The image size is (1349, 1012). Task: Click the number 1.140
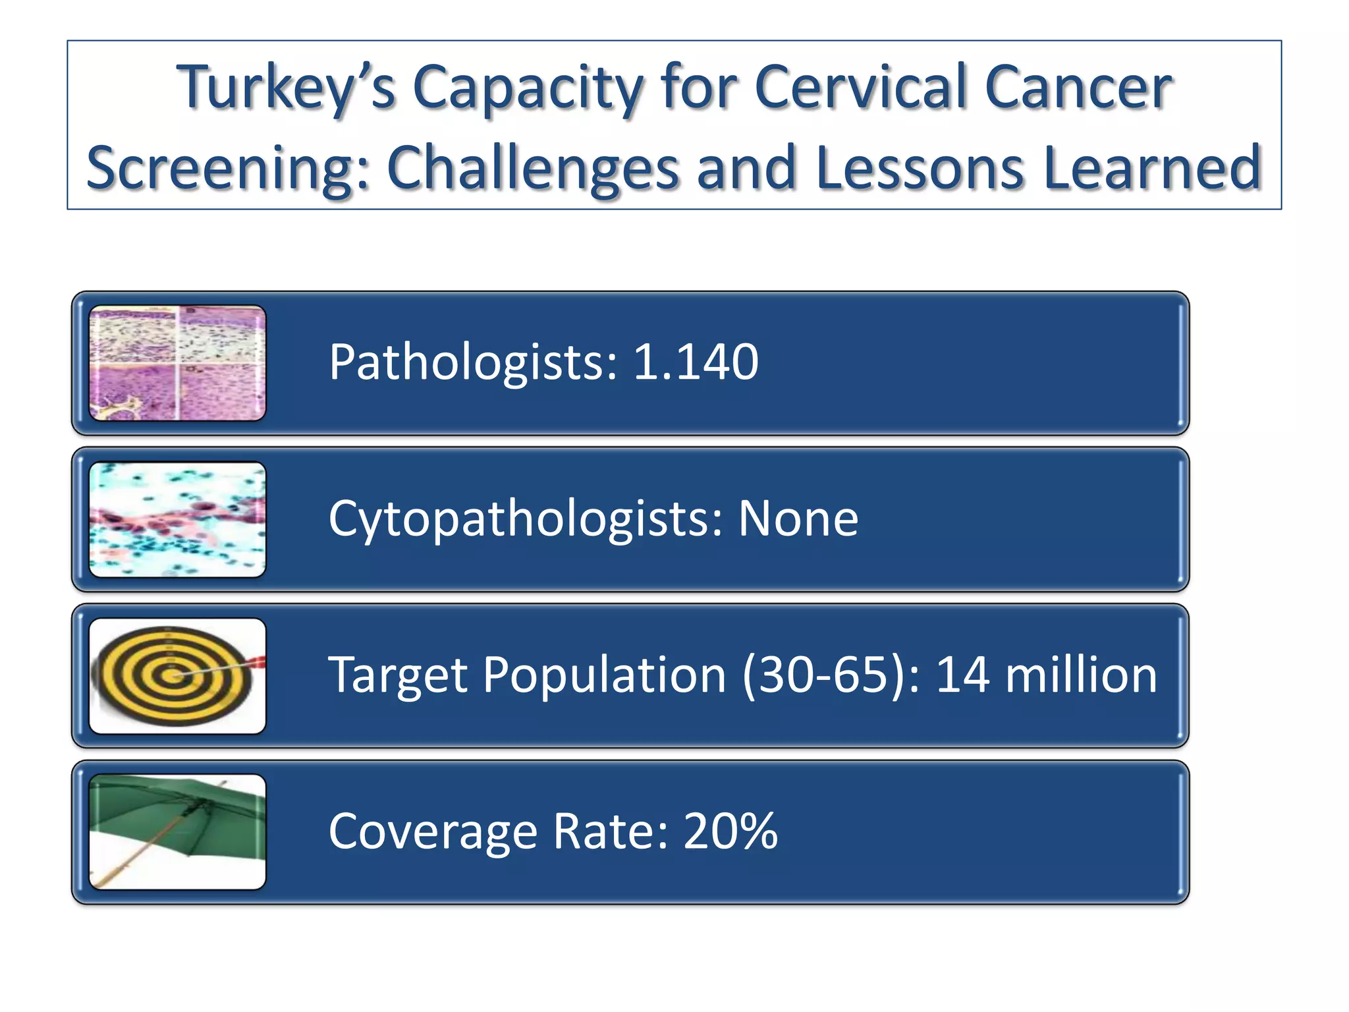(696, 362)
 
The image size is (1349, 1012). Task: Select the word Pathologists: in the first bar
(474, 362)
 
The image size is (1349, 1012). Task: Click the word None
(798, 519)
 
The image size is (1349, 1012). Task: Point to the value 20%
(730, 831)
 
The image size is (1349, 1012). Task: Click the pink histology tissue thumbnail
(177, 363)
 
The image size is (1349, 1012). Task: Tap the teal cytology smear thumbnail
(177, 519)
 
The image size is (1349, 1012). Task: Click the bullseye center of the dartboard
(173, 676)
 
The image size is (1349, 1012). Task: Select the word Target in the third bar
(398, 675)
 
